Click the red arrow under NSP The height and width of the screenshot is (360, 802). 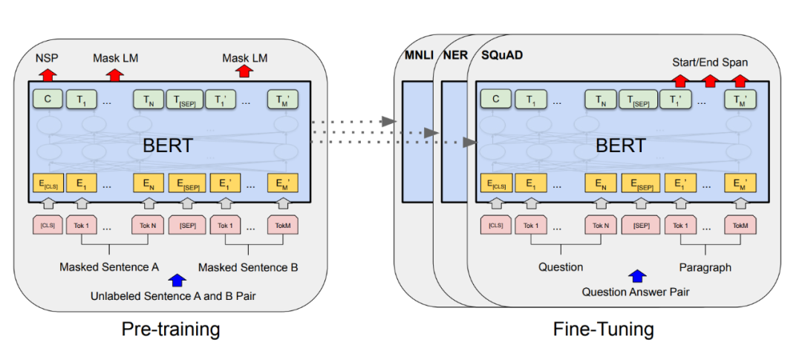point(47,73)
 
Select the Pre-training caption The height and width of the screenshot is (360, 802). point(171,329)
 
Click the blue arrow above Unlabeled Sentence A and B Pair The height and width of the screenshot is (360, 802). point(177,280)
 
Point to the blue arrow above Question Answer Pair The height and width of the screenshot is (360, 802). point(636,276)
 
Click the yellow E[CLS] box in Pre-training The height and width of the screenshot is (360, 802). point(47,183)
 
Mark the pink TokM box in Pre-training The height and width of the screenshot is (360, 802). point(283,224)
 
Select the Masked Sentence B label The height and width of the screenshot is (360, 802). point(248,266)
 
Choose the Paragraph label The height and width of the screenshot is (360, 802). point(705,266)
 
